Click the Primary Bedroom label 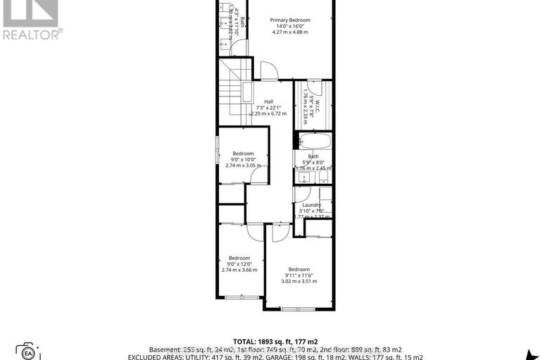coord(289,20)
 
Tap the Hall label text coord(268,101)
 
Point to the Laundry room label coord(312,205)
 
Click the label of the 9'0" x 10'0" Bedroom coord(244,153)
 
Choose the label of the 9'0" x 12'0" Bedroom coord(239,258)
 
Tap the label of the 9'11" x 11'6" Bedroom coord(299,269)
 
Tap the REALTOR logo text coord(32,33)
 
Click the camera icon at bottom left coord(28,352)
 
